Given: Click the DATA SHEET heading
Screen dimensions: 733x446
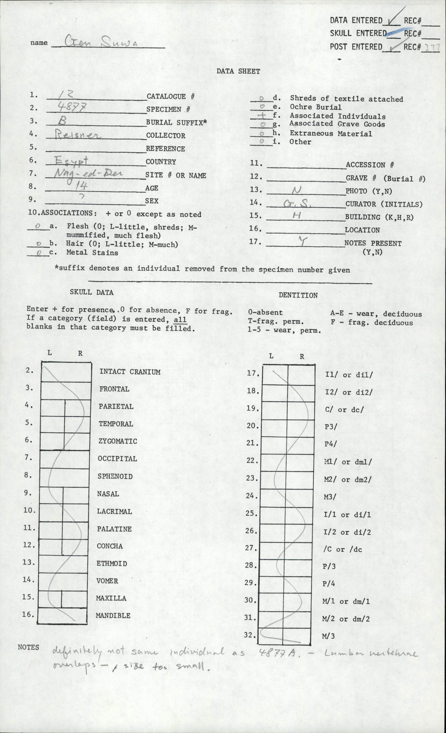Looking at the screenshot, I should [238, 71].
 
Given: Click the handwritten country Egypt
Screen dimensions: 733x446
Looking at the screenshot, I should [72, 162].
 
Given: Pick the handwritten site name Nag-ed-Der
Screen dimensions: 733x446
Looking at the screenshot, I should [84, 174].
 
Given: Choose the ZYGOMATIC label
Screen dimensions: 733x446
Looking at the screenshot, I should [118, 441].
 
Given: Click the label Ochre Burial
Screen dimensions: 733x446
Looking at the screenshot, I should [316, 107].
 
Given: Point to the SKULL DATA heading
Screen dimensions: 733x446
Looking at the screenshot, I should [92, 292].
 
